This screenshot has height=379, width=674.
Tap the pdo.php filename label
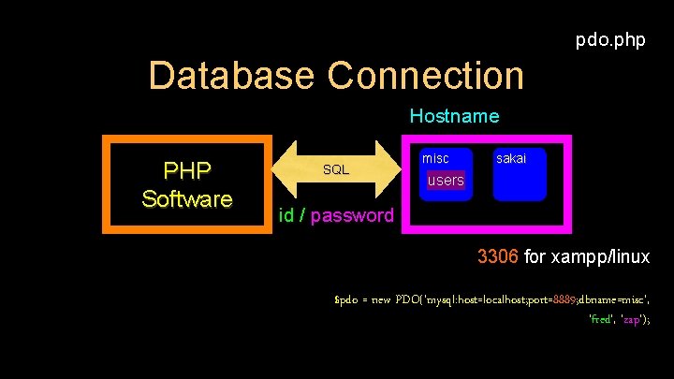click(609, 40)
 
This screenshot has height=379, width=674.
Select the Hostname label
click(454, 117)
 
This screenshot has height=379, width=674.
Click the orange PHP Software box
click(186, 184)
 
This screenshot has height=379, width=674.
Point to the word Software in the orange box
click(186, 199)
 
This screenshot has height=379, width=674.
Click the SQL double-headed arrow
click(336, 169)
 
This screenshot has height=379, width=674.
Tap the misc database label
click(435, 158)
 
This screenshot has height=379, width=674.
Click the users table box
click(446, 180)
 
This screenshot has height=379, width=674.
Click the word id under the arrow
click(287, 216)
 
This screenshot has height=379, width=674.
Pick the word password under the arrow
click(352, 216)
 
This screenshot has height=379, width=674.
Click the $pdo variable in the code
click(347, 299)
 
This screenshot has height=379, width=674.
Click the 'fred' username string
click(600, 319)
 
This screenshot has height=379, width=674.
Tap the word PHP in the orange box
click(186, 170)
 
